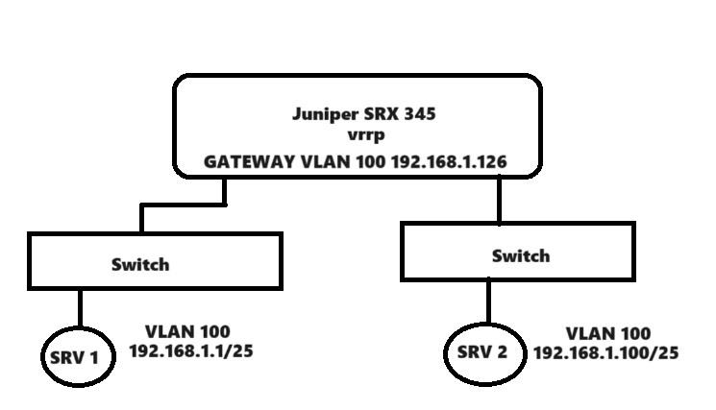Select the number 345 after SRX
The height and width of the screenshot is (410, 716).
[419, 114]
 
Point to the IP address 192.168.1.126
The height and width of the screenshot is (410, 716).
[449, 162]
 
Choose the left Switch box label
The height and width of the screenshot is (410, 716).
[139, 264]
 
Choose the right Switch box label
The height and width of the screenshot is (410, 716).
[521, 255]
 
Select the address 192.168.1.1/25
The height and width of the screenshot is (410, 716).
[191, 351]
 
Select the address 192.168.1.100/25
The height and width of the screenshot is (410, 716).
[605, 352]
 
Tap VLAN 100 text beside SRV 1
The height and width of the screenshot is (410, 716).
[187, 332]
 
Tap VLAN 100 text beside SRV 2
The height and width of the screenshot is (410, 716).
[607, 333]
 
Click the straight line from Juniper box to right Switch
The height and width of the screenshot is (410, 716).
[499, 200]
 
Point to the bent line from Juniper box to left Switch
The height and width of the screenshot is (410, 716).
[183, 205]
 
